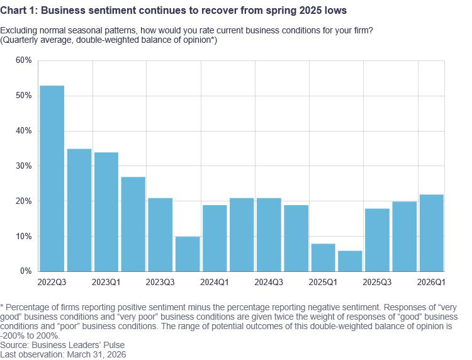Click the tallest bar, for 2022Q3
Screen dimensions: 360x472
point(52,178)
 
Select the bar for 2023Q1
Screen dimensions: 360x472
point(106,211)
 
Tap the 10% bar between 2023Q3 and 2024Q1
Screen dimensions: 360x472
point(188,254)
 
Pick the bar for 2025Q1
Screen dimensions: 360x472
point(323,257)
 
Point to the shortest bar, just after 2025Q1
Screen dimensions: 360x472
point(350,261)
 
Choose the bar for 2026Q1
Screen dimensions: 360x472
point(431,233)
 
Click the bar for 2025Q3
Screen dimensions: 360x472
point(377,240)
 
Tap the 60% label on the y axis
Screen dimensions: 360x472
point(23,60)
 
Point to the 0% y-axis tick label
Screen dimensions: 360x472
point(26,271)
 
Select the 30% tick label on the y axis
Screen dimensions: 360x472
point(23,166)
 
